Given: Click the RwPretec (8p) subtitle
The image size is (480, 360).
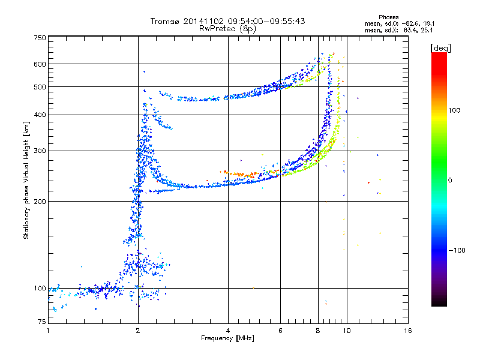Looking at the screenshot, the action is point(227,29).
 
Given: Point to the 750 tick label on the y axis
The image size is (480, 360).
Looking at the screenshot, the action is point(40,38).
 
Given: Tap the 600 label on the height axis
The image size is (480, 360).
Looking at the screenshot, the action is point(40,64).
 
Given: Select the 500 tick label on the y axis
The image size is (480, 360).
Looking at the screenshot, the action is point(40,87).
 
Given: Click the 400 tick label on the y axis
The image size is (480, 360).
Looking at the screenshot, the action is point(40,115).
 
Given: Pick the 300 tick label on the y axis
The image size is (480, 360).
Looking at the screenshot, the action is point(40,151).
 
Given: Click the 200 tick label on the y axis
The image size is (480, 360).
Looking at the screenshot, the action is point(40,202).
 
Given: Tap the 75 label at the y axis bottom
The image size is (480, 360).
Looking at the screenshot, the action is point(42,322).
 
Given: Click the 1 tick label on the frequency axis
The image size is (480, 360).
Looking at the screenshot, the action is point(48,331).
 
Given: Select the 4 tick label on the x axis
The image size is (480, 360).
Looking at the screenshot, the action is point(228,331).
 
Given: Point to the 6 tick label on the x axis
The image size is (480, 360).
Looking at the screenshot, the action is point(280,331).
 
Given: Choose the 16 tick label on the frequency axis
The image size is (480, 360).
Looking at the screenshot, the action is point(408,331).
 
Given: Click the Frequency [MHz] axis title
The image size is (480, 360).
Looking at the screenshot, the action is point(227,338).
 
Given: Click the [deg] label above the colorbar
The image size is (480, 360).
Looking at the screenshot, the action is point(441,48).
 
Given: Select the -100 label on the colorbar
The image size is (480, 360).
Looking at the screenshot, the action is point(457,250).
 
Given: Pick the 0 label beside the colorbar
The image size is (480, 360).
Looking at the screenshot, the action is point(450,181).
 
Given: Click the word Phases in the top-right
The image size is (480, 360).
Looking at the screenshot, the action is point(389,17).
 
